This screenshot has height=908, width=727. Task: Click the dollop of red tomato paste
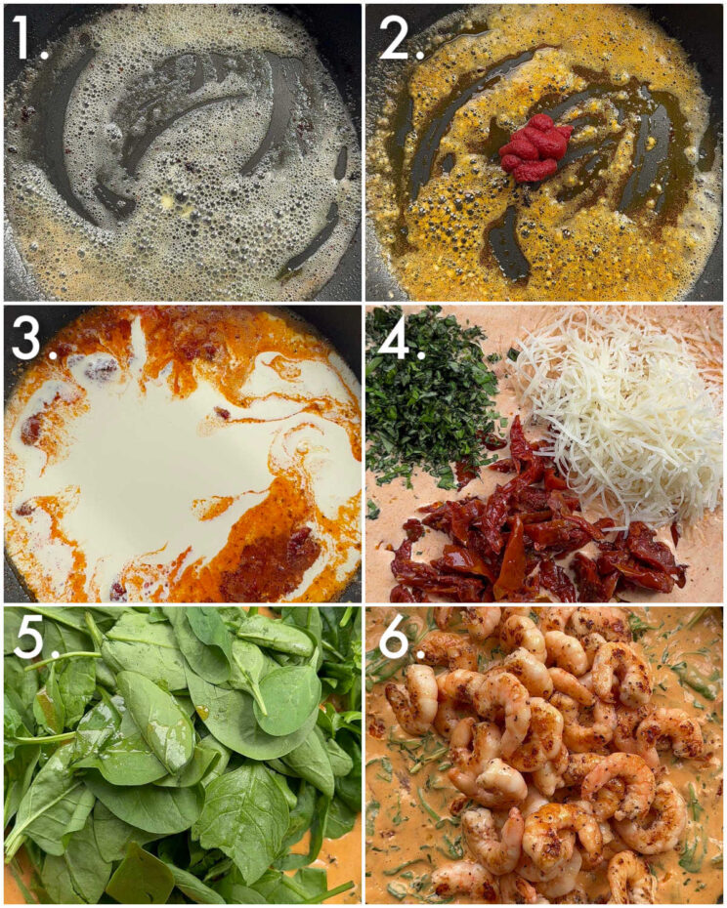[535, 147]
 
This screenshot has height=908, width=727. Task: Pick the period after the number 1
[45, 54]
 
